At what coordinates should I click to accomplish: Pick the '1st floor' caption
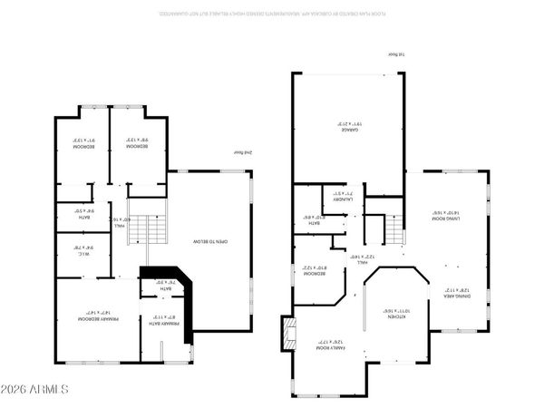pos(395,54)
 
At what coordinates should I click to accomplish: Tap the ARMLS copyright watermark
pos(35,389)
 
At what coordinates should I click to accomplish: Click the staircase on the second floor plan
pos(136,233)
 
